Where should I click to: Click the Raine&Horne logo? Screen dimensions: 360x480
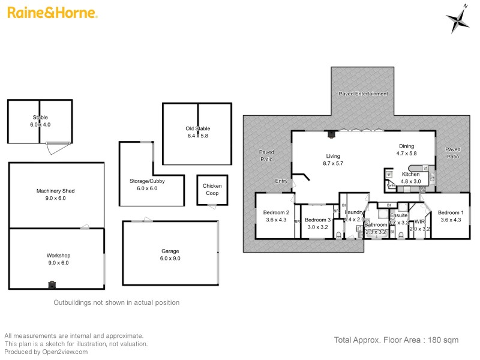53,13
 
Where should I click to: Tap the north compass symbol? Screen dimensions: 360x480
459,20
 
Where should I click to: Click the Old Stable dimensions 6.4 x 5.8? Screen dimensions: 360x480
197,136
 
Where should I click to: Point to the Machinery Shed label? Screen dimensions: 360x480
56,191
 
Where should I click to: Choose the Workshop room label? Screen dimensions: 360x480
58,255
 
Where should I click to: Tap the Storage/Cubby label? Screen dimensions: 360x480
147,181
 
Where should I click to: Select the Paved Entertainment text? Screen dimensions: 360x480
363,94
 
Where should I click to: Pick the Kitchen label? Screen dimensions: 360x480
411,174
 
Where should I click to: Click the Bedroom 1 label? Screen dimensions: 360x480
450,212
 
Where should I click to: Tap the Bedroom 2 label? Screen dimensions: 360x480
276,212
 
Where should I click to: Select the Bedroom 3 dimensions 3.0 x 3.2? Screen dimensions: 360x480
317,227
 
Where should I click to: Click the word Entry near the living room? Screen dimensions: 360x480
281,181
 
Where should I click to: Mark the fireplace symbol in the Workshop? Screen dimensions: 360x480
52,285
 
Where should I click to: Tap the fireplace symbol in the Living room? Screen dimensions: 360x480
331,135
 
